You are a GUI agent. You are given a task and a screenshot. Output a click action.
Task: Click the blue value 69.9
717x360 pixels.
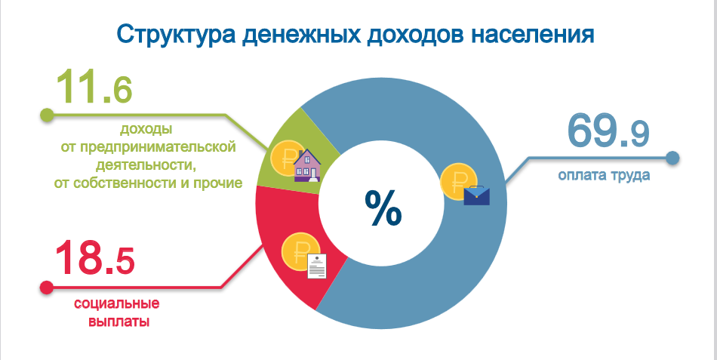tap(608, 131)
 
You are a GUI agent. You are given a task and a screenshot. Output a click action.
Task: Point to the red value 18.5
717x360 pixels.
tap(94, 258)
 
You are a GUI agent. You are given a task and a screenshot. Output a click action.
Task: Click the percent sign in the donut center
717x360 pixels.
tap(383, 208)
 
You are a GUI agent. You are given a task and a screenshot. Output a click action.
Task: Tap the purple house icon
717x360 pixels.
tap(307, 165)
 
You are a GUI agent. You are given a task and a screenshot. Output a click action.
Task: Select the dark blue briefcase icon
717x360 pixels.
tap(476, 195)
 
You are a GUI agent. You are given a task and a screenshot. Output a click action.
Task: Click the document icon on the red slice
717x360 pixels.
tap(317, 266)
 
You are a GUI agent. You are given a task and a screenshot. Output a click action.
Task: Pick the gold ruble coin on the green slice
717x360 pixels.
tap(285, 158)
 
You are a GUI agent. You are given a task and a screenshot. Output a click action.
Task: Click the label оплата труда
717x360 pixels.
tap(604, 176)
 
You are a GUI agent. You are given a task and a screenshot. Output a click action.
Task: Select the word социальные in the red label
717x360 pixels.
tap(116, 303)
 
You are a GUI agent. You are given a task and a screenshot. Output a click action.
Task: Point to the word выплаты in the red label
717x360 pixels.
tap(119, 321)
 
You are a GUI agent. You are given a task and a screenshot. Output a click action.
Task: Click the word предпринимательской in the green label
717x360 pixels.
tap(158, 148)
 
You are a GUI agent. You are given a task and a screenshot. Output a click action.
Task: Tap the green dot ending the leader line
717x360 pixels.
tap(47, 115)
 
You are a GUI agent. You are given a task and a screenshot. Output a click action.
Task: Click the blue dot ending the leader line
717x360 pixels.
tap(672, 158)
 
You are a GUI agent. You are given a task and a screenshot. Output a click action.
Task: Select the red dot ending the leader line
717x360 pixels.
tap(47, 288)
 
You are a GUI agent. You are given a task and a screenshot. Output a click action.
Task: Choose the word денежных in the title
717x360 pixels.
tap(300, 35)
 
